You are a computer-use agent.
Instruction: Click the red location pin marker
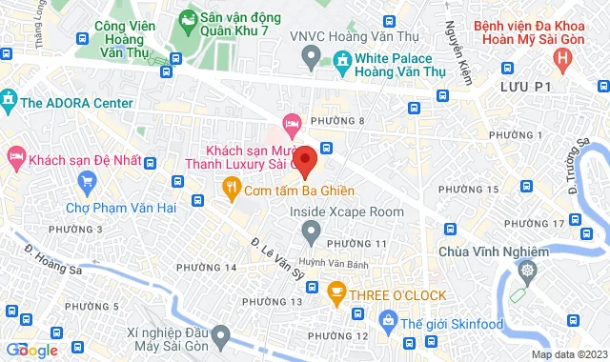303,161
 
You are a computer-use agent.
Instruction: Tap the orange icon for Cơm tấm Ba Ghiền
230,188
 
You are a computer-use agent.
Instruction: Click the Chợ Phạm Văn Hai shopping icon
89,180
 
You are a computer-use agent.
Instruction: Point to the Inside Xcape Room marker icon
311,230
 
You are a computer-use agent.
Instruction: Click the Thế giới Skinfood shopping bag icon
386,320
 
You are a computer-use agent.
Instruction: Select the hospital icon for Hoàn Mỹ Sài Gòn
564,61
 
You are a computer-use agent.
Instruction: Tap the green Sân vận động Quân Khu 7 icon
187,18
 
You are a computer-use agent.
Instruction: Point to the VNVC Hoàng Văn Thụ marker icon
310,60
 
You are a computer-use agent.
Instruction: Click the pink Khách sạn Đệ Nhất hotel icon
15,155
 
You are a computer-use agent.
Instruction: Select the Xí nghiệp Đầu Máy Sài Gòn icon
220,334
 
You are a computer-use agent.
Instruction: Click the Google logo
30,350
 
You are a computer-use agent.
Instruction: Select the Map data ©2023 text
569,355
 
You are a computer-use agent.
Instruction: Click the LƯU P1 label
531,88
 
